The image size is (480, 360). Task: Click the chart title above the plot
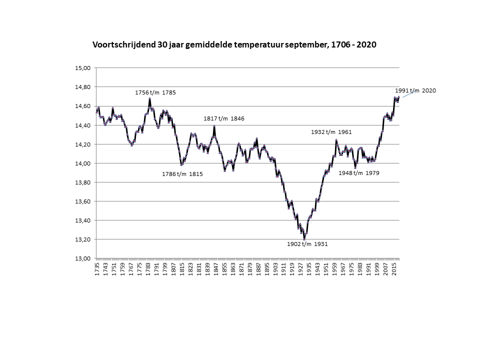[234, 44]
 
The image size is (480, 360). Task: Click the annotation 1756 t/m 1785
[155, 92]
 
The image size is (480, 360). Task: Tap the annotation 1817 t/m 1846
[223, 118]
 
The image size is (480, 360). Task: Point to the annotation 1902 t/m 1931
[307, 244]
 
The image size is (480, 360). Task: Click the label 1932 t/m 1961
[331, 132]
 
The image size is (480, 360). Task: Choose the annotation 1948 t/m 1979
[359, 173]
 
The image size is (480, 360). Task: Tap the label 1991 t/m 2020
[415, 90]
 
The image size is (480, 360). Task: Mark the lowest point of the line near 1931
[304, 239]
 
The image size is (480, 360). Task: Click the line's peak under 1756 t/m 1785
[149, 98]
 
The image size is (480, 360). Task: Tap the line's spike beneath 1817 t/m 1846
[214, 126]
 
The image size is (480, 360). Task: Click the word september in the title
[306, 44]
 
